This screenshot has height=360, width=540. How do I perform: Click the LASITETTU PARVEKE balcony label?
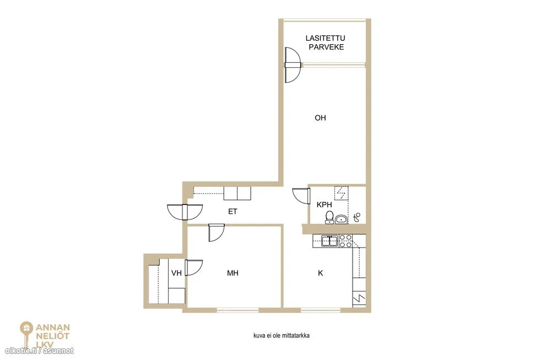pyautogui.click(x=325, y=42)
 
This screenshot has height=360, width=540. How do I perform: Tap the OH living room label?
pyautogui.click(x=320, y=118)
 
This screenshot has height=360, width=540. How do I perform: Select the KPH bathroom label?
pyautogui.click(x=324, y=205)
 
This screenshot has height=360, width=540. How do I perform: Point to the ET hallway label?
pyautogui.click(x=233, y=211)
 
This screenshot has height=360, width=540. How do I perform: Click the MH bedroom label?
pyautogui.click(x=233, y=273)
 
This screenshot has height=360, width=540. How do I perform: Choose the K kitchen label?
pyautogui.click(x=320, y=273)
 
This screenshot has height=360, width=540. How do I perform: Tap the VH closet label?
pyautogui.click(x=176, y=273)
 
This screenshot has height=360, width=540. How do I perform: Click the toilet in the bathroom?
pyautogui.click(x=330, y=217)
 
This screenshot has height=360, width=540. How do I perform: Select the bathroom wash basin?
pyautogui.click(x=341, y=219)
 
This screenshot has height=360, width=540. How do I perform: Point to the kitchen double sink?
pyautogui.click(x=330, y=240)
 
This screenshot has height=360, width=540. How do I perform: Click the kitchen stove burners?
pyautogui.click(x=346, y=241)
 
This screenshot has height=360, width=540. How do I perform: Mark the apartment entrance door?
pyautogui.click(x=185, y=212)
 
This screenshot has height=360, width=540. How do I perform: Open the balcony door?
pyautogui.click(x=293, y=65)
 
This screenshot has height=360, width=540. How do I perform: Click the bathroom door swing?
pyautogui.click(x=301, y=196)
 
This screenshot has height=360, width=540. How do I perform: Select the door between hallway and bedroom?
pyautogui.click(x=217, y=233)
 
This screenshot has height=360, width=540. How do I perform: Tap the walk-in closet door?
pyautogui.click(x=193, y=268)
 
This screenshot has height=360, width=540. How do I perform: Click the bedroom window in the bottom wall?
pyautogui.click(x=237, y=310)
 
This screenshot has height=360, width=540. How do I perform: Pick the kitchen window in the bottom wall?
pyautogui.click(x=321, y=310)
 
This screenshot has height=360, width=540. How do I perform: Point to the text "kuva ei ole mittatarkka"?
pyautogui.click(x=282, y=335)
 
